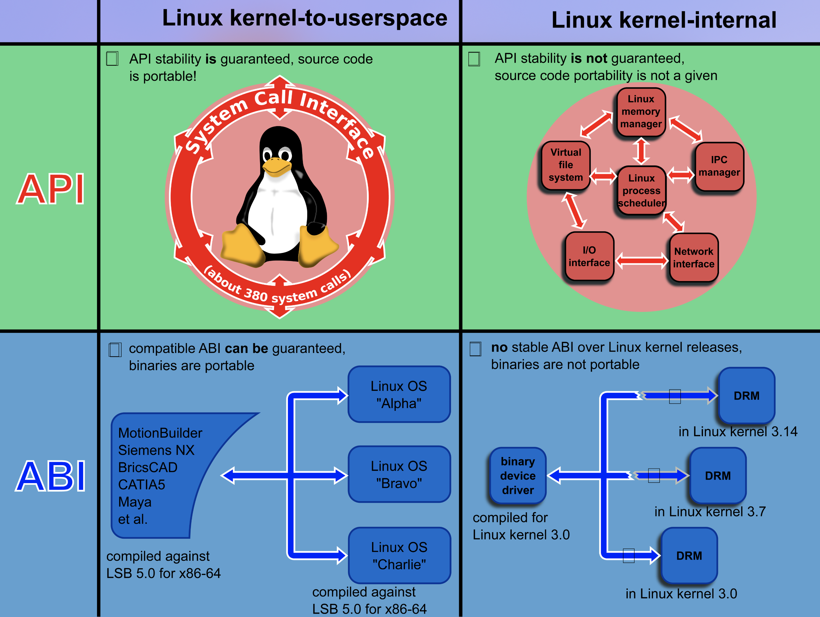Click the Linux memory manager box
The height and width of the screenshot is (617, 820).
pos(641,112)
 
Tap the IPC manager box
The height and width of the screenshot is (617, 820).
pos(719,166)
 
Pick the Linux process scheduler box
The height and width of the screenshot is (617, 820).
pos(641,191)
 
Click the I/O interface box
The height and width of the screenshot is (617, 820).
pos(589,256)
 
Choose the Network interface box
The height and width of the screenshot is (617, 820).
pos(694,258)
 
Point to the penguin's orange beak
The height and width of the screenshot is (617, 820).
pos(276,167)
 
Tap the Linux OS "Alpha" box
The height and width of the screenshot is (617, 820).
pos(399,394)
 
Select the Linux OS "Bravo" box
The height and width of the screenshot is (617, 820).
pos(399,474)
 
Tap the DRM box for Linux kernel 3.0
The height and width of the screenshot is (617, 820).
pos(689,556)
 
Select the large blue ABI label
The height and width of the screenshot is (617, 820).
pos(51,476)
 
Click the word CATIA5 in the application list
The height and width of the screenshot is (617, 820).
pos(142,485)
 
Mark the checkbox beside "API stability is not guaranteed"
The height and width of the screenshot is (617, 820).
pos(474,59)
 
